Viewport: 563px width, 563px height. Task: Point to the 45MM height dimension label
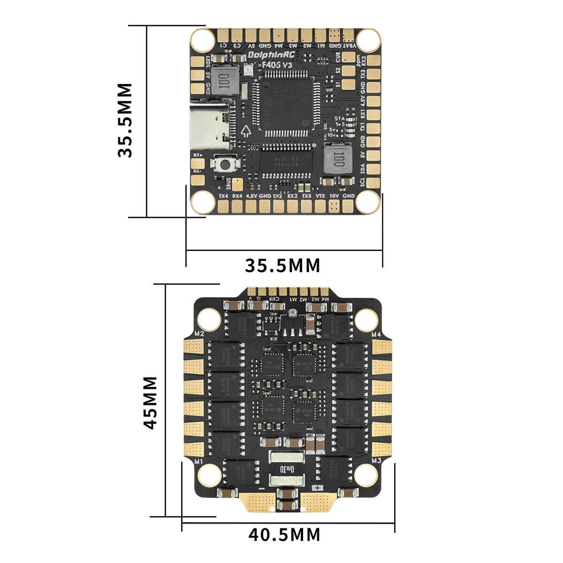tap(151, 402)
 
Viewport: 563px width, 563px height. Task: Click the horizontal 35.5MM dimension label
tap(282, 266)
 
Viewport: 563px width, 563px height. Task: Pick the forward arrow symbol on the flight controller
tap(245, 130)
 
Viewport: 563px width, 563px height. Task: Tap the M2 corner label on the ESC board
tap(198, 334)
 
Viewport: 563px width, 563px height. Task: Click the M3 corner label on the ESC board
tap(376, 462)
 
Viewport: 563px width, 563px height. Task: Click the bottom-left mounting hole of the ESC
tap(207, 476)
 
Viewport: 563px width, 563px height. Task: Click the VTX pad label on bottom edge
tap(320, 196)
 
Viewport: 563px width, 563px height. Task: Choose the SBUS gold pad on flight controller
tap(237, 182)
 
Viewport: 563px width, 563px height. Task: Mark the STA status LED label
tap(339, 119)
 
